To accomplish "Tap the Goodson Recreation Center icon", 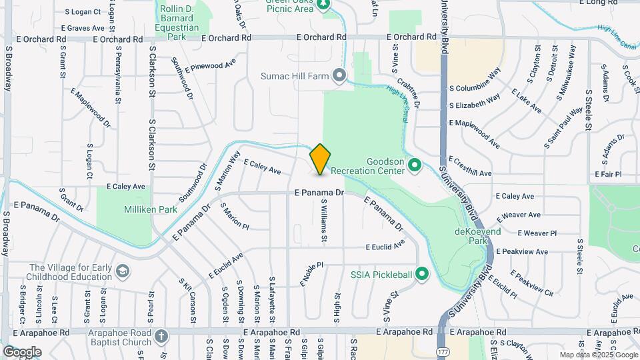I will [x=414, y=163].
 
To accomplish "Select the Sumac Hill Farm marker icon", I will [x=339, y=75].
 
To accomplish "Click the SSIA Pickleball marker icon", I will [x=421, y=273].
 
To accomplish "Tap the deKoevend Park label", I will [x=477, y=235].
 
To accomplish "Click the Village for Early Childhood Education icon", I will [x=121, y=271].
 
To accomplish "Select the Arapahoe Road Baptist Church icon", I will [x=161, y=337].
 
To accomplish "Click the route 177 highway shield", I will [x=442, y=350].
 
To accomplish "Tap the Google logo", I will [x=22, y=351].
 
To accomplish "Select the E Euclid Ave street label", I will [x=385, y=246].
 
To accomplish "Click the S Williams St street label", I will [x=323, y=220].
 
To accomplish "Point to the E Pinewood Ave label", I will [x=211, y=67].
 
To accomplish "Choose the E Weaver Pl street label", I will [x=537, y=233].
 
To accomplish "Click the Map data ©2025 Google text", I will [x=597, y=355].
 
